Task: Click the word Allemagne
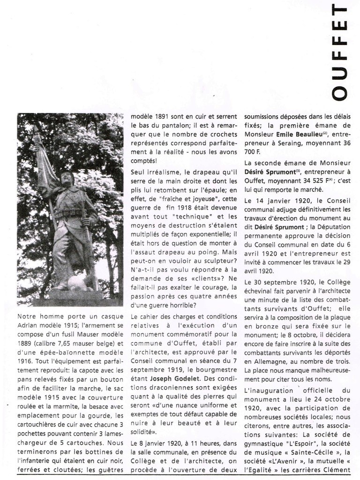click(x=268, y=362)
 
